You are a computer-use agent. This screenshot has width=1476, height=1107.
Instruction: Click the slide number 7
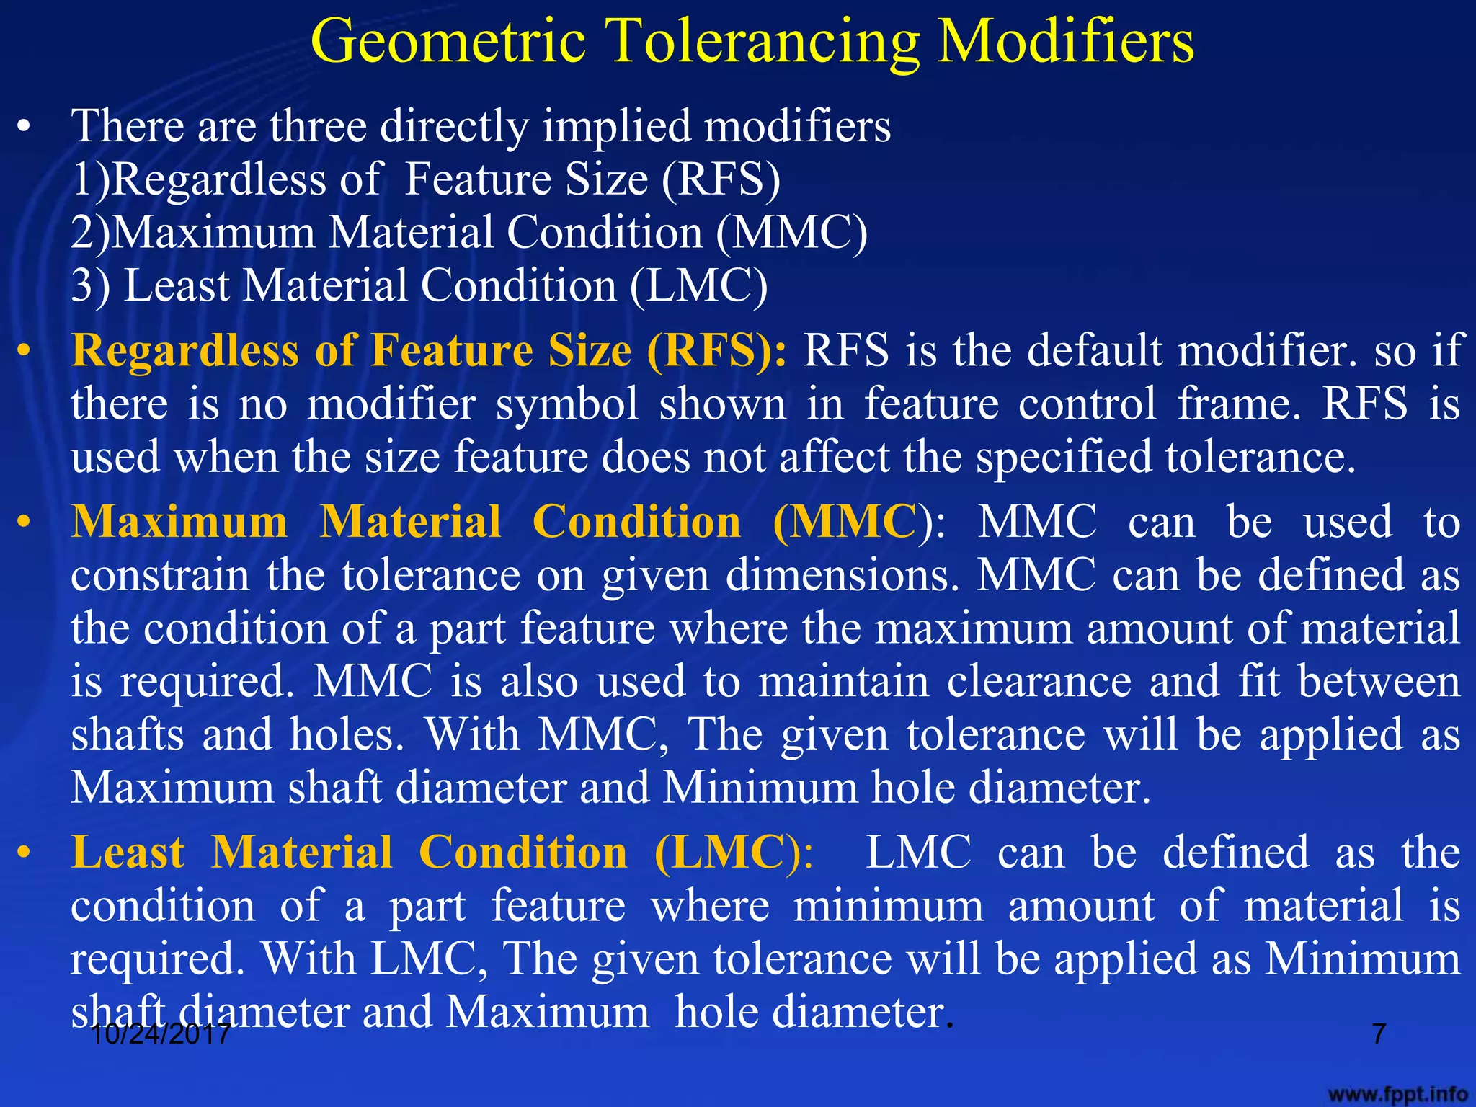[x=1379, y=1033]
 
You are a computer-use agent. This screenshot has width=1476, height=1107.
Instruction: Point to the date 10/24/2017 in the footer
[x=161, y=1034]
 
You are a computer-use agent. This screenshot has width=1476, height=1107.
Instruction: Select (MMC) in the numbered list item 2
[x=791, y=233]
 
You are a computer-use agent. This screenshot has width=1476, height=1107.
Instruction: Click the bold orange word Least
[x=128, y=853]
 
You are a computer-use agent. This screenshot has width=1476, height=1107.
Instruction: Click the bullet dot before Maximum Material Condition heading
[x=25, y=522]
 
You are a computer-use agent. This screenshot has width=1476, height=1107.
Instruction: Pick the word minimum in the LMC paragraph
[x=888, y=906]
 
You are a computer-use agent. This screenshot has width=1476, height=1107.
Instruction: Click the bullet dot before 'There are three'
[x=25, y=128]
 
